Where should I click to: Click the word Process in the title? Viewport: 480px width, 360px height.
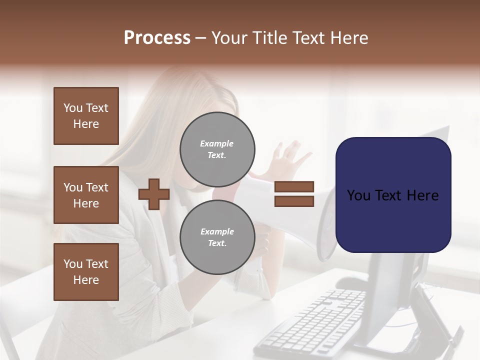pyautogui.click(x=157, y=38)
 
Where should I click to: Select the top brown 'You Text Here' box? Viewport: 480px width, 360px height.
pyautogui.click(x=86, y=116)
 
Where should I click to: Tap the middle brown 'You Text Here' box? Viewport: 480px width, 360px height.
pyautogui.click(x=86, y=195)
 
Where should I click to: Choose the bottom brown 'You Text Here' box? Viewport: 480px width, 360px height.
pyautogui.click(x=86, y=272)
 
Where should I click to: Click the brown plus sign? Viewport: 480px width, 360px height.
pyautogui.click(x=154, y=194)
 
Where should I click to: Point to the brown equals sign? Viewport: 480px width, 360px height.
pyautogui.click(x=294, y=194)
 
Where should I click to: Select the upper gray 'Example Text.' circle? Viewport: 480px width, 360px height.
pyautogui.click(x=217, y=149)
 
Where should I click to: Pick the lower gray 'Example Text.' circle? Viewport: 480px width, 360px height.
pyautogui.click(x=217, y=237)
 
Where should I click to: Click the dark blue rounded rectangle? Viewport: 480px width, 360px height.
pyautogui.click(x=393, y=195)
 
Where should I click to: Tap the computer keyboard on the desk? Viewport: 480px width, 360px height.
pyautogui.click(x=315, y=320)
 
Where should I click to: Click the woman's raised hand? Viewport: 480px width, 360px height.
pyautogui.click(x=292, y=157)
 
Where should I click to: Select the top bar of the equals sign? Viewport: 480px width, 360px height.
pyautogui.click(x=294, y=186)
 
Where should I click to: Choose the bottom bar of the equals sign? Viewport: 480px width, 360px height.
pyautogui.click(x=294, y=201)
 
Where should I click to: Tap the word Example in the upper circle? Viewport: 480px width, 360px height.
pyautogui.click(x=217, y=143)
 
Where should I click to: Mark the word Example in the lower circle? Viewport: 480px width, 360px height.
pyautogui.click(x=217, y=231)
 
